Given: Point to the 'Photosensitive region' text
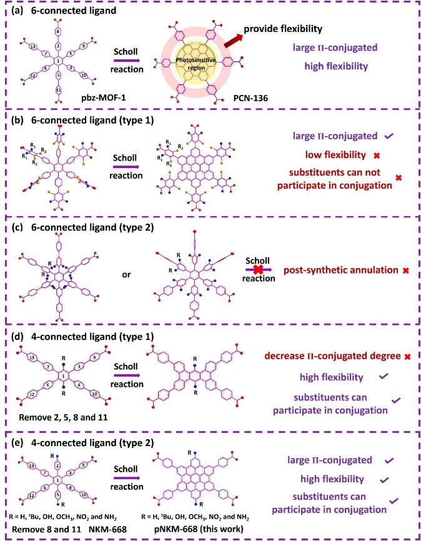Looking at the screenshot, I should coord(205,60).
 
